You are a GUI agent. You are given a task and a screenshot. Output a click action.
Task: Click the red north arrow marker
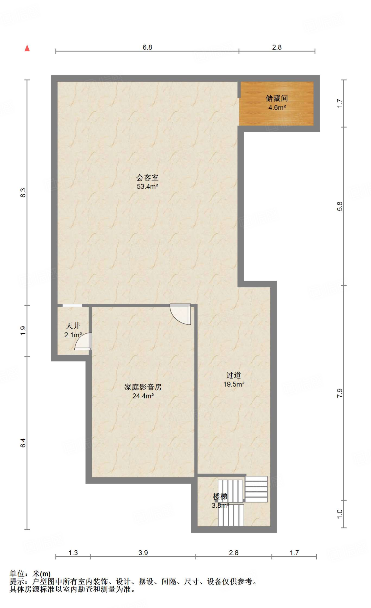coord(27,48)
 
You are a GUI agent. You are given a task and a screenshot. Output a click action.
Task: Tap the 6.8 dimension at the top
coord(147,47)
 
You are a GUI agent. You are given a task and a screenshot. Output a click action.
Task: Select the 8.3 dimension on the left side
coord(23,193)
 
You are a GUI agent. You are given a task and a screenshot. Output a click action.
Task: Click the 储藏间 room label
coord(277,98)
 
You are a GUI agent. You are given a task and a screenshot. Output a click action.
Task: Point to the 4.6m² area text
coord(277,107)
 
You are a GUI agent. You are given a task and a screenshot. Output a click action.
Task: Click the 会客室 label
coord(147,178)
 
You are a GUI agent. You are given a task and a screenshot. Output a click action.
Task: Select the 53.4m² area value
coord(147,186)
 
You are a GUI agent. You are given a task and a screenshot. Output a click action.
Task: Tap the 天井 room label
coord(73,326)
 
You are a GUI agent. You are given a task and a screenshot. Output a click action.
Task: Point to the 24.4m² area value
coord(143,396)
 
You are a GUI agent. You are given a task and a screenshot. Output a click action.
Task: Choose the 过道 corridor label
coord(233,375)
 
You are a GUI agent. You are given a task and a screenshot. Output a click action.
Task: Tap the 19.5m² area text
coord(234,384)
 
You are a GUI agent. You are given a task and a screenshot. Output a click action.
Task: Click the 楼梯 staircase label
coord(220,496)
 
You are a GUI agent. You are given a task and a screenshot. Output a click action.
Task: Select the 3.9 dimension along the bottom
coord(143,552)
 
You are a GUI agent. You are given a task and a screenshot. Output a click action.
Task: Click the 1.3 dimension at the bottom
coord(73,552)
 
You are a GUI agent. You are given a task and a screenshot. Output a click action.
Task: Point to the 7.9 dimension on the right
coord(340,393)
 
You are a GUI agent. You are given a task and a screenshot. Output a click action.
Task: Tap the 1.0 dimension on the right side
coord(340,514)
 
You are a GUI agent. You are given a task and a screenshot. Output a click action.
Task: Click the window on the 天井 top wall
coord(72,305)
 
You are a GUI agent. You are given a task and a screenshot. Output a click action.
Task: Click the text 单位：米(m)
coord(30,574)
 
